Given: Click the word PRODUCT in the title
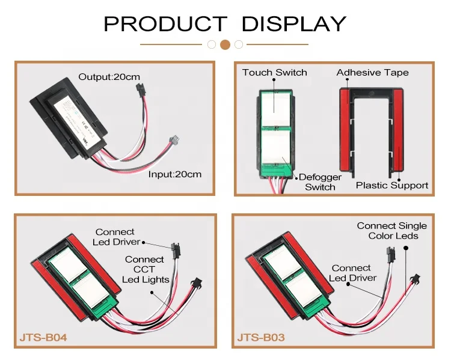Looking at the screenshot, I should click(166, 23).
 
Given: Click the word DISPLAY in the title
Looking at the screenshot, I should click(293, 23).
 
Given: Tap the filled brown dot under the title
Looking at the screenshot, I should click(226, 44).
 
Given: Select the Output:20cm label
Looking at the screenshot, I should click(110, 77).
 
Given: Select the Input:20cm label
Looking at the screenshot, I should click(175, 174).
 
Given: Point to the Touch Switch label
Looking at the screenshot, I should click(275, 73).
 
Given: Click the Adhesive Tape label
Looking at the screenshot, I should click(372, 73).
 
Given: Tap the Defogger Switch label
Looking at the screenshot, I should click(320, 182).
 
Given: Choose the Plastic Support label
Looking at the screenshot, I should click(392, 185).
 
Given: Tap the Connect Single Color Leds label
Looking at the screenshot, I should click(391, 231).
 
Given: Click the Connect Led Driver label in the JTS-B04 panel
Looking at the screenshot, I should click(117, 237).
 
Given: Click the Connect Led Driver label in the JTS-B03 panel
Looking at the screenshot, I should click(352, 273).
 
